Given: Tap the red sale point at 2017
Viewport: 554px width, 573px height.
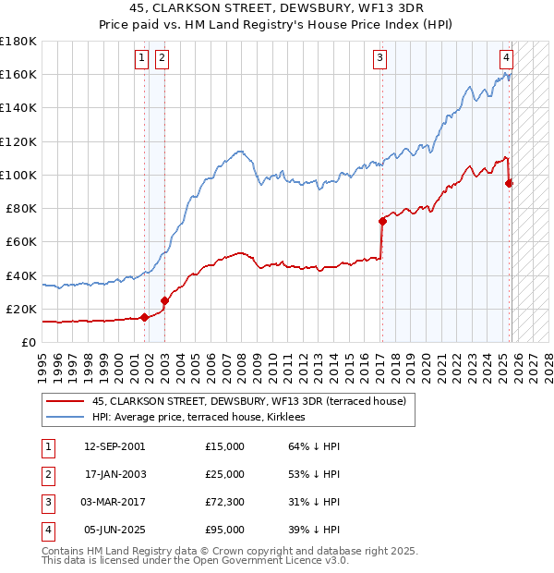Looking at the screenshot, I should click(x=381, y=221).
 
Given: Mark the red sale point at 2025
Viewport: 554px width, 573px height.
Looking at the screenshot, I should click(x=509, y=183).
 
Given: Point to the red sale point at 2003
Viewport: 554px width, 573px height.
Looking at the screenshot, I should click(x=164, y=299).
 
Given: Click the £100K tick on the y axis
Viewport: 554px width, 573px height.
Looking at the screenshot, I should click(x=18, y=175).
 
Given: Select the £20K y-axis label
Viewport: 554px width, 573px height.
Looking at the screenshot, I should click(x=21, y=309).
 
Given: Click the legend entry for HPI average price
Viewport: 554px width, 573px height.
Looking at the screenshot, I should click(x=204, y=418).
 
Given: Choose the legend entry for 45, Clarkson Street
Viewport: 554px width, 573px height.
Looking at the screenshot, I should click(x=241, y=401).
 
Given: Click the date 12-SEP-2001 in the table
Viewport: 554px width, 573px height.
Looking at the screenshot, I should click(x=114, y=446).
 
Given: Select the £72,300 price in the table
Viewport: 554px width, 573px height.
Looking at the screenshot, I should click(x=225, y=502).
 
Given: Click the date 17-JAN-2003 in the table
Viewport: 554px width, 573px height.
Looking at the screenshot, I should click(x=114, y=474).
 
